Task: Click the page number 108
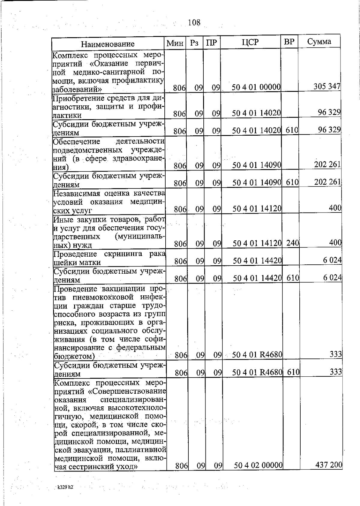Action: (194, 23)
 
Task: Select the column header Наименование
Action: (108, 44)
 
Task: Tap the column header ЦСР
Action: (250, 42)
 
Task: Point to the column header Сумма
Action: (319, 41)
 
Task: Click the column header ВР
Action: (289, 42)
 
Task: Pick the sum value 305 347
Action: (327, 86)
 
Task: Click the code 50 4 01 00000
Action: (256, 87)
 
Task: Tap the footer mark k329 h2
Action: (65, 487)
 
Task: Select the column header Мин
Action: (175, 43)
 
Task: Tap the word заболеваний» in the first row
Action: (77, 89)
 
